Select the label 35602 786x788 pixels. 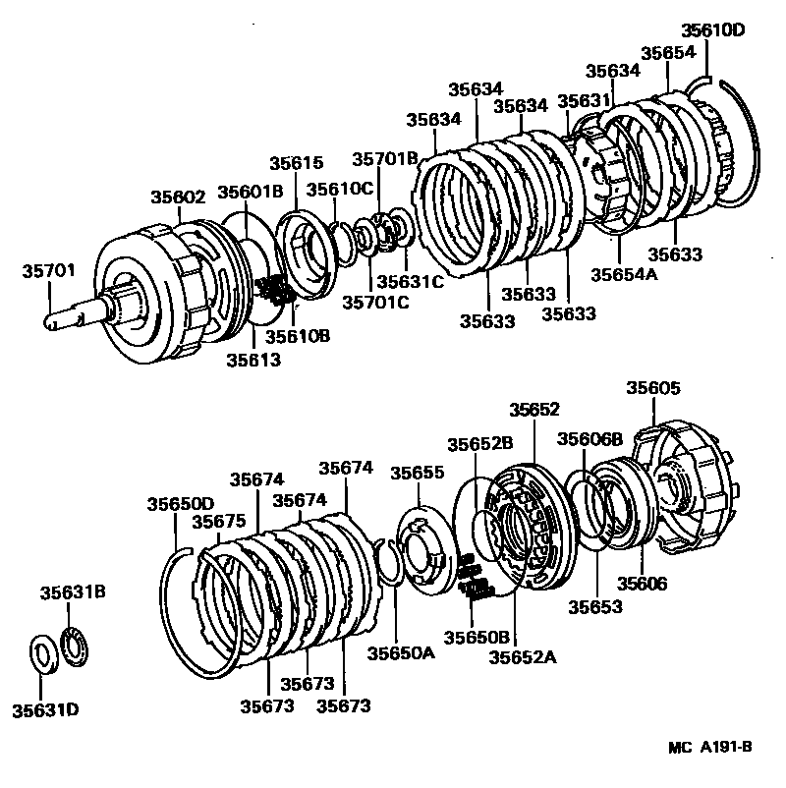pos(178,197)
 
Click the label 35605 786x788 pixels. pos(653,388)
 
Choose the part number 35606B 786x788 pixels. pos(590,438)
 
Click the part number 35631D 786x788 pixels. pos(45,708)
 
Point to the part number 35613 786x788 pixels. pos(253,360)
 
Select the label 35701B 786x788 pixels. pos(386,158)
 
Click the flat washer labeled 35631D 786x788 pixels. pos(43,652)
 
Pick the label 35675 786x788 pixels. pos(219,522)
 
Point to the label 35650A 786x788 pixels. pos(401,652)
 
